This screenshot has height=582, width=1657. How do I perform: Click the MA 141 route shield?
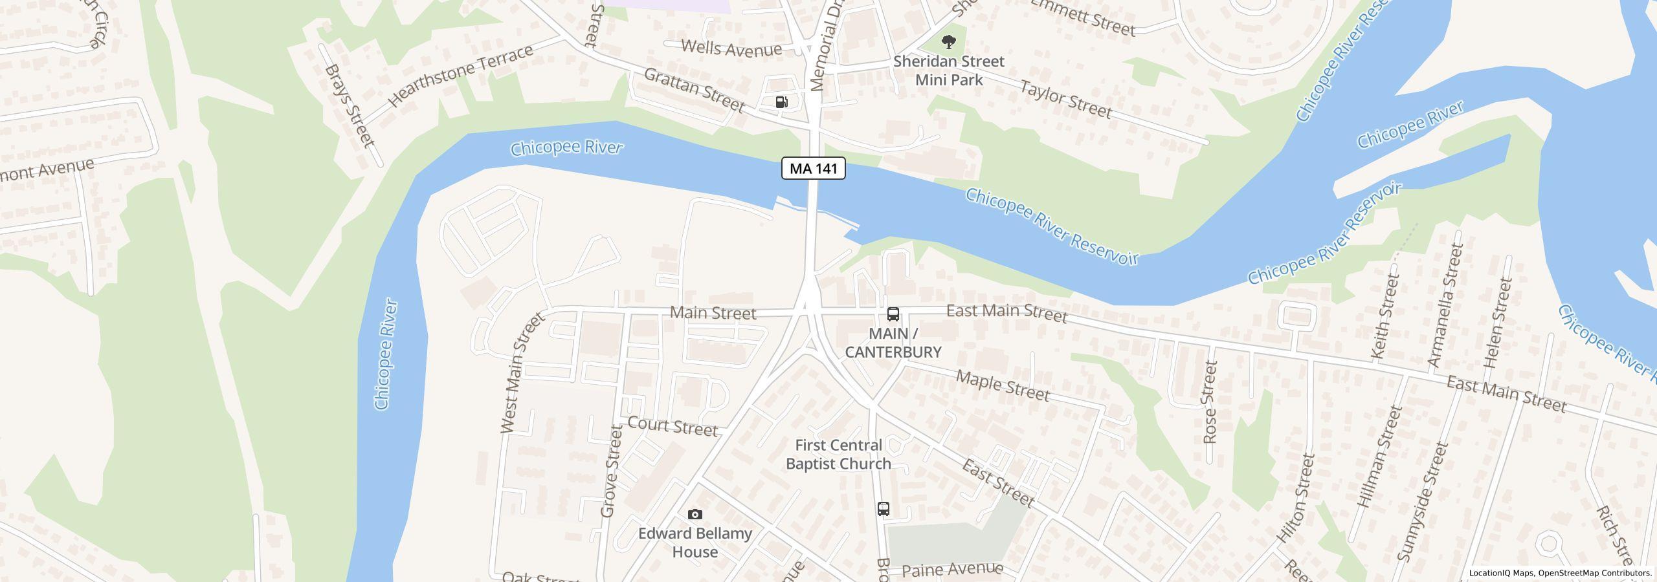(814, 169)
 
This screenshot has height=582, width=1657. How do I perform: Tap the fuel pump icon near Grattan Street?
(782, 102)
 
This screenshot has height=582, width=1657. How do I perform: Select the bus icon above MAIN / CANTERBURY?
(893, 315)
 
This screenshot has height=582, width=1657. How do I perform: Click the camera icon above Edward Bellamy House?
(695, 515)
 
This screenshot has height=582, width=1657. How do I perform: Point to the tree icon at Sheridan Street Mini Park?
(949, 43)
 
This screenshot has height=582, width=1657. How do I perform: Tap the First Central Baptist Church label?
(838, 455)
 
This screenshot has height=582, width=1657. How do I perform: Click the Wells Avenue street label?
(731, 48)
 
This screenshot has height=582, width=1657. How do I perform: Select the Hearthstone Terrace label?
(460, 76)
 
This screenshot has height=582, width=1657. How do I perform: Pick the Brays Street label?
(350, 105)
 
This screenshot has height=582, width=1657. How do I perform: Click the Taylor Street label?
(1066, 100)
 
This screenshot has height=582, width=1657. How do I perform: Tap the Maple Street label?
(1003, 386)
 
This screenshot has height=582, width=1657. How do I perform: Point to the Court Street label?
(673, 426)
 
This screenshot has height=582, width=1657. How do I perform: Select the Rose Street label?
(1209, 402)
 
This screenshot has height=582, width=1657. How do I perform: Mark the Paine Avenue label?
(952, 570)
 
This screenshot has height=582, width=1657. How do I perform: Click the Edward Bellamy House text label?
(695, 543)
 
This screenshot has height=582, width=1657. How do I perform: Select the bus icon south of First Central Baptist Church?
(884, 509)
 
